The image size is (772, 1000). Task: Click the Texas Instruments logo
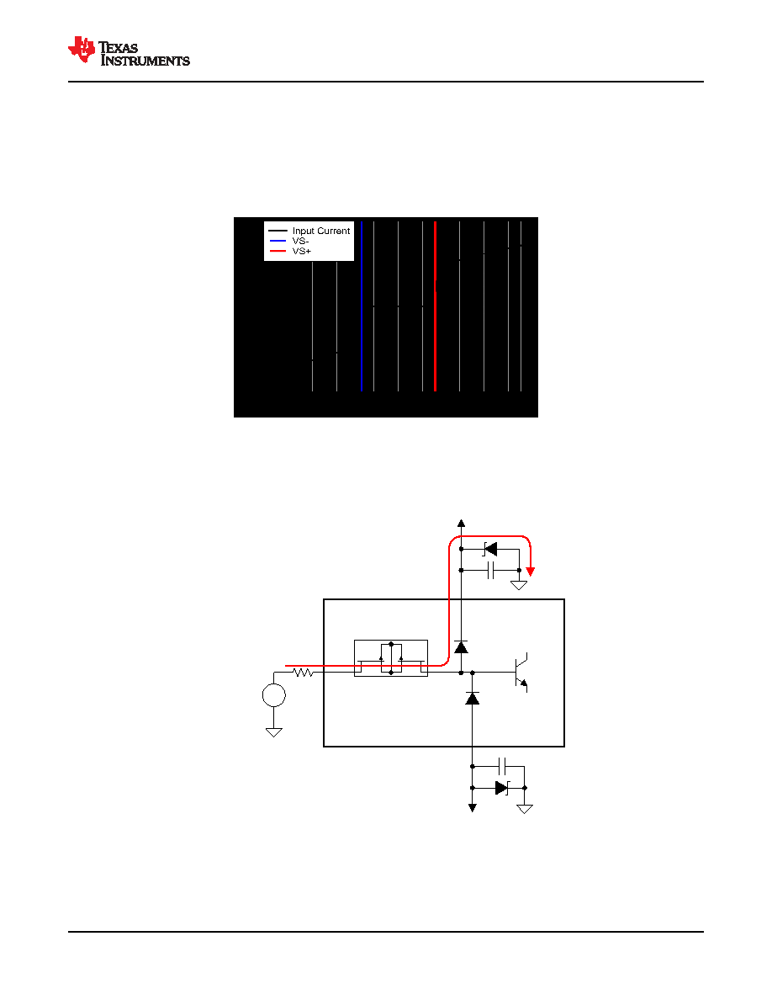coord(129,51)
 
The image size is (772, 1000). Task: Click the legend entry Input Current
coord(309,231)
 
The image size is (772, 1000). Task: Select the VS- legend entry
coord(289,241)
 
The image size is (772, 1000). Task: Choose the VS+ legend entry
coord(290,252)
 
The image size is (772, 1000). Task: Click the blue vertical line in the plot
coord(361,306)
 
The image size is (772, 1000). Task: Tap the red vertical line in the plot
coord(435,306)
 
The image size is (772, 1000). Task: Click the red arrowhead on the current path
coord(530,572)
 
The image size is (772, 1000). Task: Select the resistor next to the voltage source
coord(304,673)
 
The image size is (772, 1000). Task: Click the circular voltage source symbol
coord(274,695)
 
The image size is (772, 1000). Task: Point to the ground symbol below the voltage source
coord(274,733)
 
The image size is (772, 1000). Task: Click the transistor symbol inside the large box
coord(521,673)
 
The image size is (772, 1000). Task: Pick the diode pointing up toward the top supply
coord(461,647)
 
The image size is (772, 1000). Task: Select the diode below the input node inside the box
coord(472,699)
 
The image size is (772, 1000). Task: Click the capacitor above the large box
coord(490,570)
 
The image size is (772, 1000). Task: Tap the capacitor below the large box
coord(502,766)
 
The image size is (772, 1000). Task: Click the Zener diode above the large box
coord(489,549)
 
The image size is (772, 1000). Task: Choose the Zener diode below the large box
coord(502,788)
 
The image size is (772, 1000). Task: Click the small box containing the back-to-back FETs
coord(391,658)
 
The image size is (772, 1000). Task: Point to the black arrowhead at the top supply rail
coord(461,523)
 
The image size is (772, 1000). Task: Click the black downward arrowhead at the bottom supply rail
coord(472,807)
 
